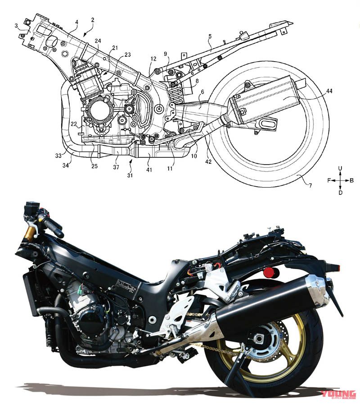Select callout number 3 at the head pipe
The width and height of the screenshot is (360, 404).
pos(17,26)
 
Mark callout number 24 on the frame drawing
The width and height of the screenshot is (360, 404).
pos(98,40)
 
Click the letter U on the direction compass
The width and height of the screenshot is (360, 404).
pos(340,168)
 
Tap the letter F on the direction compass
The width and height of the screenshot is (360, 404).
pos(329,180)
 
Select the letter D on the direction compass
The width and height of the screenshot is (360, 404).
pos(340,192)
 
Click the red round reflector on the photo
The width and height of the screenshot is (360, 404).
pos(271,272)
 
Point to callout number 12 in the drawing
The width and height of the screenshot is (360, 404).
pos(153,59)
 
